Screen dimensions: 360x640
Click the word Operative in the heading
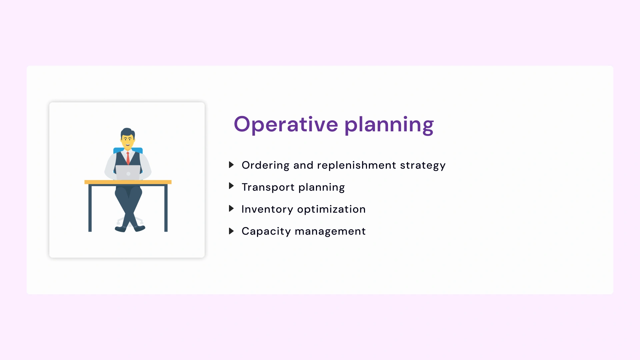286,124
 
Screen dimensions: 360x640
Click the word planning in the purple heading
389,125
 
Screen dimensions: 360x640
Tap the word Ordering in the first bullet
265,165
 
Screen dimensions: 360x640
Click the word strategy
422,166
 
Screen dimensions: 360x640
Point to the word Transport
268,187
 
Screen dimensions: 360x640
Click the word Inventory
267,209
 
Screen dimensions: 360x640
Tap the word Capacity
266,231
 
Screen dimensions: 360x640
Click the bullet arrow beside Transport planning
231,186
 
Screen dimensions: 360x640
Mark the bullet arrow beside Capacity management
231,231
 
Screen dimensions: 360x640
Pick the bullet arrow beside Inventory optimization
231,209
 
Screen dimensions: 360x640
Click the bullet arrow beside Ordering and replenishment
231,165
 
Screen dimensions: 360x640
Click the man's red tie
128,158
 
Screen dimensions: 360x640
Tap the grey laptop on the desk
128,173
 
